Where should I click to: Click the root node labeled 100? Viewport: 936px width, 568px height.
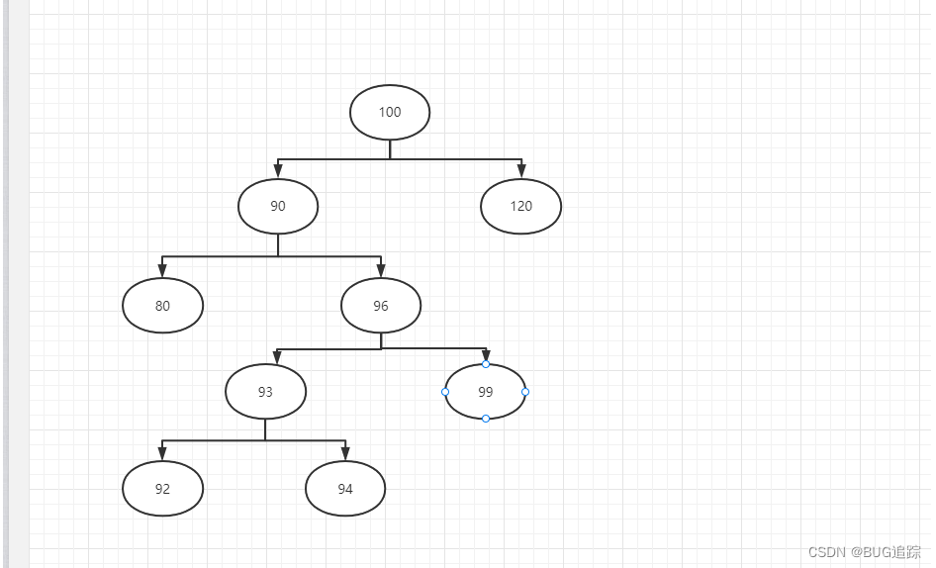[x=390, y=112]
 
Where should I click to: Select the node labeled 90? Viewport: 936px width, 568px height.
[x=278, y=206]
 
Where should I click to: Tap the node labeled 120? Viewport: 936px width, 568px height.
[x=520, y=206]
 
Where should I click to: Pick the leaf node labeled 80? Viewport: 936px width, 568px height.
[x=162, y=306]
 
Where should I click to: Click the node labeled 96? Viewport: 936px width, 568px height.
[x=381, y=306]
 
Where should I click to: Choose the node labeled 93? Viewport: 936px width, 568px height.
[x=265, y=392]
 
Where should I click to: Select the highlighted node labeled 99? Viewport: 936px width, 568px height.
[x=485, y=392]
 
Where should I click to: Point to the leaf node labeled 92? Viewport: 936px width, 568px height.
[x=162, y=489]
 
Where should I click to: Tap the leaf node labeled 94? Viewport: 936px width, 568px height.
[x=345, y=489]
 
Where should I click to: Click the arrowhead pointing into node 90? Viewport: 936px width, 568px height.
[x=278, y=171]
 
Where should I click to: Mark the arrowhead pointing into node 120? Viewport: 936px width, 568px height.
[x=521, y=171]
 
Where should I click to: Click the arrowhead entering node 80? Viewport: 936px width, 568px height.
[x=162, y=270]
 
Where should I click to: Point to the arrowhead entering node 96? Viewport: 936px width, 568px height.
[x=381, y=270]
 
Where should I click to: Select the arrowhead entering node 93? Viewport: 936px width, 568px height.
[x=278, y=356]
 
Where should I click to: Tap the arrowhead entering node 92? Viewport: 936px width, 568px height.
[x=162, y=453]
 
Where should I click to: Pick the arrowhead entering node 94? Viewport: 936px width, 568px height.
[x=345, y=453]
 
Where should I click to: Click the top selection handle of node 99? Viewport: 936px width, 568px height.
[x=486, y=364]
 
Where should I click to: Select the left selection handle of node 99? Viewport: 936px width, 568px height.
[x=445, y=392]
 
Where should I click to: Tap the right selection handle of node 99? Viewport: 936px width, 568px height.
[x=525, y=392]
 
